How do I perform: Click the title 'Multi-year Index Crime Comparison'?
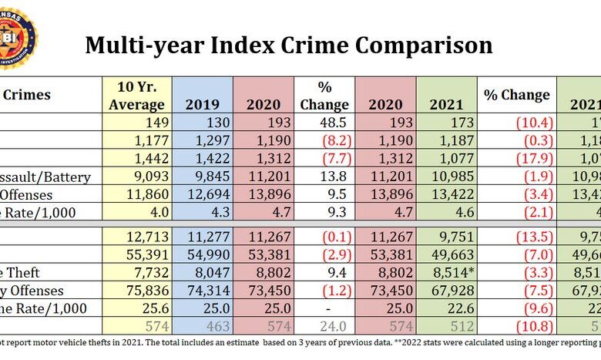coord(288,45)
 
